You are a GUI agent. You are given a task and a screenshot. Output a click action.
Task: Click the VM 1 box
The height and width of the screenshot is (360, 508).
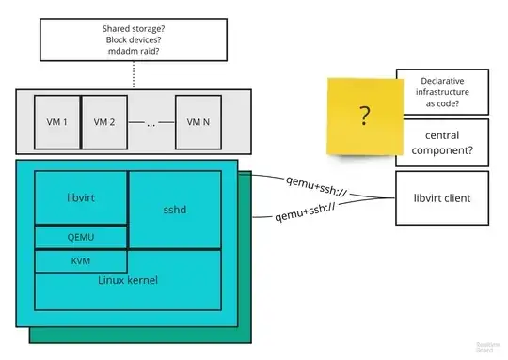(58, 122)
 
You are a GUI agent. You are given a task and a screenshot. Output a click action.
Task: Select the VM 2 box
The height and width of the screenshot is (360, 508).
(103, 122)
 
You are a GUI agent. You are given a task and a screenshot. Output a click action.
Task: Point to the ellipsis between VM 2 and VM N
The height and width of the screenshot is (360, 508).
(150, 123)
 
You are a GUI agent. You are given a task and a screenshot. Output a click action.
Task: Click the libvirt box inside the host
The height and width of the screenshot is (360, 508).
(81, 198)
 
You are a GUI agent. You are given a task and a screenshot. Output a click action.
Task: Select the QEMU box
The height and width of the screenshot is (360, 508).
(81, 238)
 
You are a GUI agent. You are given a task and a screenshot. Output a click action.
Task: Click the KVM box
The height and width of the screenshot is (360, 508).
(81, 260)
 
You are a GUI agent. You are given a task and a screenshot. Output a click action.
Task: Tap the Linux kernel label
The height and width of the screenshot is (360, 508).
(128, 280)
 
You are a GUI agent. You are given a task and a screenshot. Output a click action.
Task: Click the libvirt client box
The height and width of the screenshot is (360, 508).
(442, 198)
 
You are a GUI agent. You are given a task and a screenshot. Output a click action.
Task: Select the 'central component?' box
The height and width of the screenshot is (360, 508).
(442, 141)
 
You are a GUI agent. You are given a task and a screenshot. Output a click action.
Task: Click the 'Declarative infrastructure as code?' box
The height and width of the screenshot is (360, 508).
(442, 91)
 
